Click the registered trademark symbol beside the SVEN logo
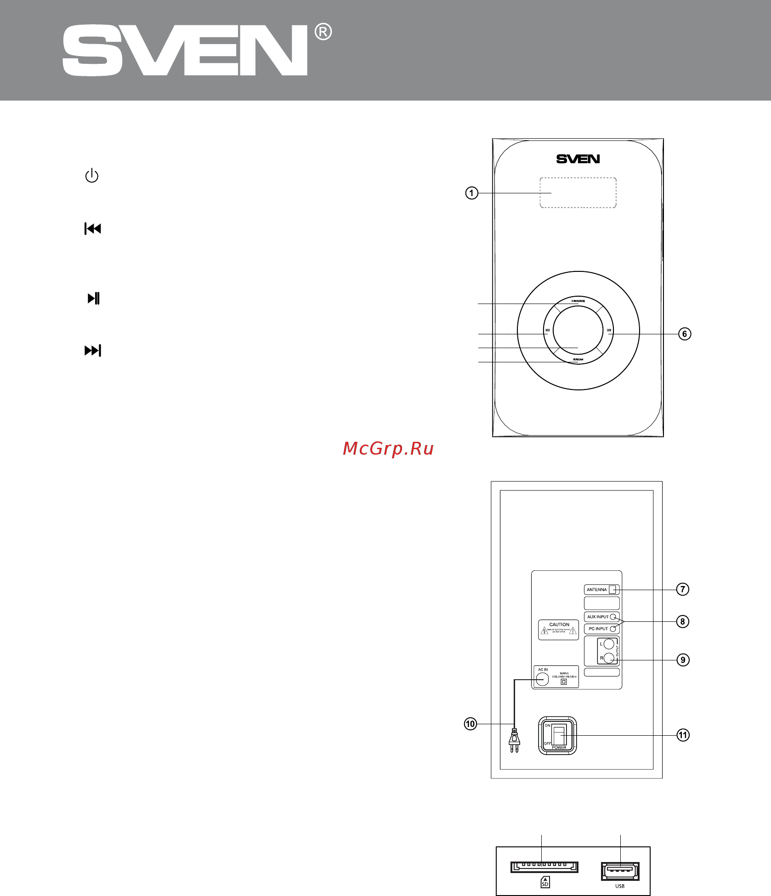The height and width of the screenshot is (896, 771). [x=323, y=32]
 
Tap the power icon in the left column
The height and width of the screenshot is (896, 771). [x=92, y=176]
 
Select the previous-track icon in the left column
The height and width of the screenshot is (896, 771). [x=93, y=229]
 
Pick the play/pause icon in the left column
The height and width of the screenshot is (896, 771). [x=94, y=299]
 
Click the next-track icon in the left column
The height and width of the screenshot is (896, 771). [x=93, y=351]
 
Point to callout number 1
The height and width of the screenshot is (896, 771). [x=471, y=193]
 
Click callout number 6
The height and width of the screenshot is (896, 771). [x=685, y=334]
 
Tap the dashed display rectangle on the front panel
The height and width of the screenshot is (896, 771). [x=578, y=193]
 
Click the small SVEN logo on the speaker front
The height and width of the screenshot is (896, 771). [x=578, y=159]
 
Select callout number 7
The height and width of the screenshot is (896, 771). [x=683, y=589]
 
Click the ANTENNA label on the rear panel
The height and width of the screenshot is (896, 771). [x=597, y=590]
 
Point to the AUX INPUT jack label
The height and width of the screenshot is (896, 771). [x=598, y=617]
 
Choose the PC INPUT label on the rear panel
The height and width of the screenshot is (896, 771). [x=598, y=629]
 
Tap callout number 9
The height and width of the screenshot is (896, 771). [x=683, y=660]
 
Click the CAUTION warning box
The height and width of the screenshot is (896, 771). [x=559, y=630]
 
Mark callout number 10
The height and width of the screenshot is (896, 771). [x=471, y=724]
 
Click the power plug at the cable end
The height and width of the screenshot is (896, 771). [x=515, y=740]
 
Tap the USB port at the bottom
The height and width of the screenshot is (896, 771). [x=620, y=871]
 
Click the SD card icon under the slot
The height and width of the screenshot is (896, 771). [x=545, y=882]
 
